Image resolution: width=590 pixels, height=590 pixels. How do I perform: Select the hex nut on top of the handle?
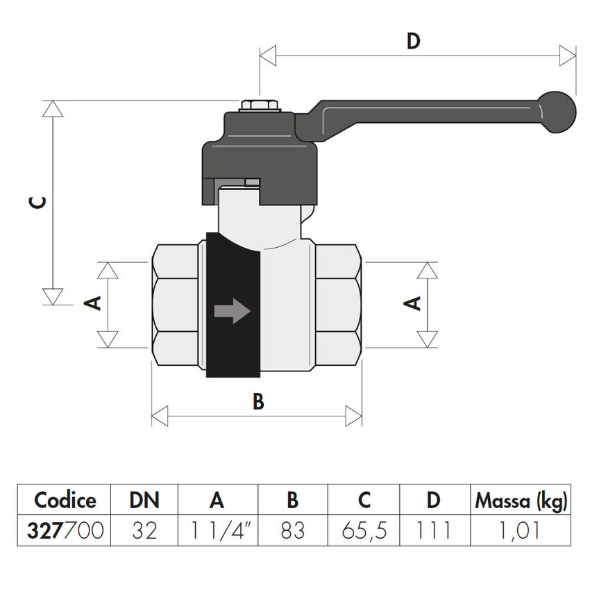[x=260, y=108]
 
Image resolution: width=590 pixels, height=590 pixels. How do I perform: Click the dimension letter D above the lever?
[x=414, y=42]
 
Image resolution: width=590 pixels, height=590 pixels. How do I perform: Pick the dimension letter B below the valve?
[x=258, y=402]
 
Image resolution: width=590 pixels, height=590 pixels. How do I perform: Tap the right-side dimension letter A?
[x=414, y=303]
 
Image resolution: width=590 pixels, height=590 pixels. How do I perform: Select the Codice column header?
[x=65, y=500]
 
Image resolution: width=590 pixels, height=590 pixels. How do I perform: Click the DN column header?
[x=144, y=500]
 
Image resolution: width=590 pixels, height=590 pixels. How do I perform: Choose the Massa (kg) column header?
[x=521, y=500]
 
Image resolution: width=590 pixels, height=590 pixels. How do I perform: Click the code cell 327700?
[x=65, y=531]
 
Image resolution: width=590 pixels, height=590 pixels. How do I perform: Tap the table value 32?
[x=144, y=531]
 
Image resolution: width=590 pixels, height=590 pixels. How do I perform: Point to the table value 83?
[x=292, y=531]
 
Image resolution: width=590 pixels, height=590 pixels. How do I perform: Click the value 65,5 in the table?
[x=364, y=531]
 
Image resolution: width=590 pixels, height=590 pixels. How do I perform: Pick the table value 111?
[x=434, y=531]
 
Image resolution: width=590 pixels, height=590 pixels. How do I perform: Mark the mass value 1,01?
[x=521, y=531]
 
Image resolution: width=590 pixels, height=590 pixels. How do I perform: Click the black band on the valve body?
[x=233, y=347]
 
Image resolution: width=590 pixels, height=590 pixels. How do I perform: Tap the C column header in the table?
[x=364, y=500]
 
